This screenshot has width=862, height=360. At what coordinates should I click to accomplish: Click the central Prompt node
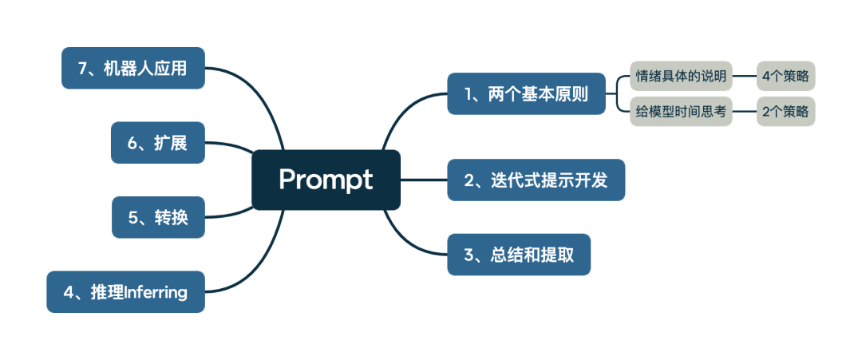tap(326, 180)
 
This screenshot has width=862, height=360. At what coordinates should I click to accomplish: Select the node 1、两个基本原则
tap(526, 94)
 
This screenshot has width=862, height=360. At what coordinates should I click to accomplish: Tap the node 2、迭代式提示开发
tap(536, 180)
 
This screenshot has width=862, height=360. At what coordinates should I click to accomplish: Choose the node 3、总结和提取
tap(519, 255)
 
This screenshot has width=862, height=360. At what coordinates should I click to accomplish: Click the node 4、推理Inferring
tap(125, 292)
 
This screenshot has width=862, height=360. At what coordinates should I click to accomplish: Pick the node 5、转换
tap(158, 217)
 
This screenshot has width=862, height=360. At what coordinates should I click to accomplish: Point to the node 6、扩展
tap(158, 143)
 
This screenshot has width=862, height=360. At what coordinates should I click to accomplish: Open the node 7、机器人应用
tap(132, 69)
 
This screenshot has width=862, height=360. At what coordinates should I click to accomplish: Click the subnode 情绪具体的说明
tap(681, 77)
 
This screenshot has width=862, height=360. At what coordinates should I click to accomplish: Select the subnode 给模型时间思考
tap(681, 112)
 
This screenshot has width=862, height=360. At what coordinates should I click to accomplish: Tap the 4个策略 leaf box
tap(785, 77)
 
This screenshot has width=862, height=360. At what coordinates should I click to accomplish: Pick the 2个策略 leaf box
tap(785, 112)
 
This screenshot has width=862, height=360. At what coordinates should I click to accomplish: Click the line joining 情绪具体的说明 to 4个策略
tap(744, 77)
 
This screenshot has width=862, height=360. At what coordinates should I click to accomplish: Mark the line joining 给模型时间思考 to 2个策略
tap(744, 112)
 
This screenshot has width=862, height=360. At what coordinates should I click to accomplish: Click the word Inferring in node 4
tap(156, 292)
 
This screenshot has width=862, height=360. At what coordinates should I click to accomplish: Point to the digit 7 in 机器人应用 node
tap(82, 69)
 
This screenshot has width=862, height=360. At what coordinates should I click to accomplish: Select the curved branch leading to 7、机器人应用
tap(255, 96)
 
